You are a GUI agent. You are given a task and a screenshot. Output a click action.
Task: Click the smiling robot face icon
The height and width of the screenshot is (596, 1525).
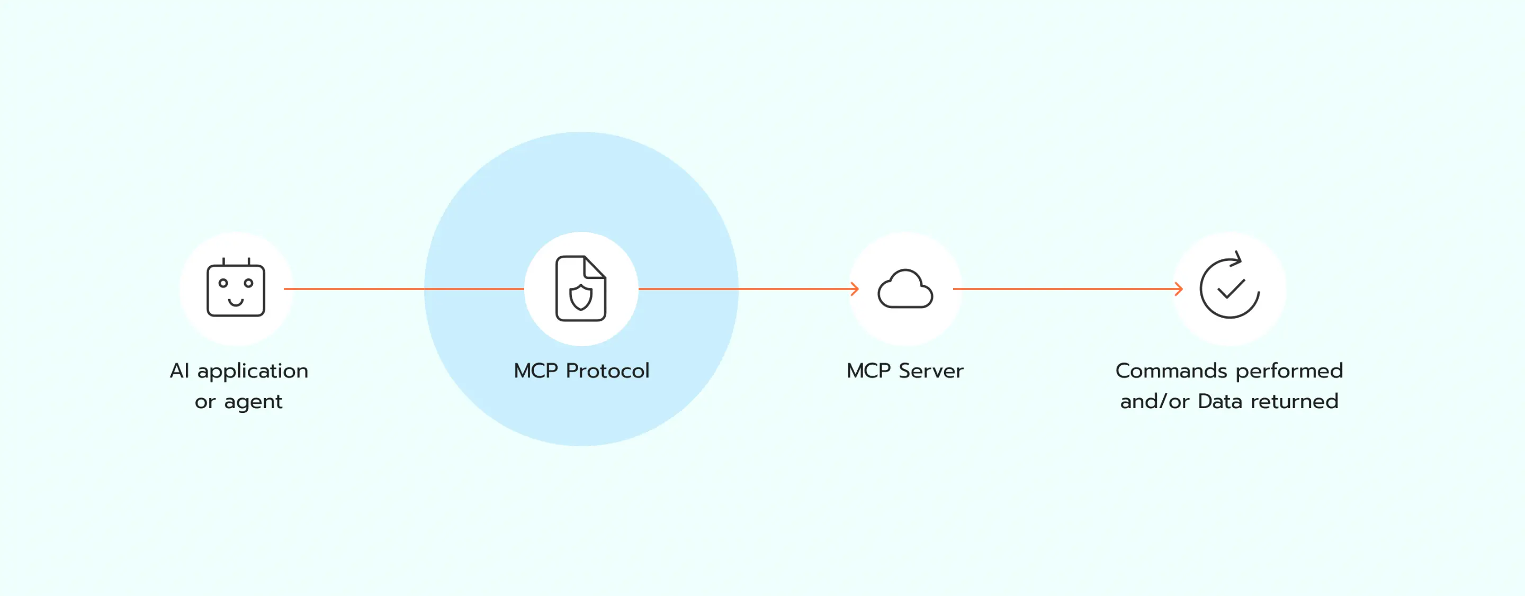click(x=236, y=289)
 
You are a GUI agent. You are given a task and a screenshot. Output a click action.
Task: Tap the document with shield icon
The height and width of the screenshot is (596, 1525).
click(x=581, y=289)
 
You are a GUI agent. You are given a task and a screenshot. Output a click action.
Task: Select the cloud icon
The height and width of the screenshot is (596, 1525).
click(x=905, y=290)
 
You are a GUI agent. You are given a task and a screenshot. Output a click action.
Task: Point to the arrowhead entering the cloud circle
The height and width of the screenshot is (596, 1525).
click(x=855, y=289)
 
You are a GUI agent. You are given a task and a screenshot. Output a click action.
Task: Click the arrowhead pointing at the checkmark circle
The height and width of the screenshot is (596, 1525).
click(x=1179, y=289)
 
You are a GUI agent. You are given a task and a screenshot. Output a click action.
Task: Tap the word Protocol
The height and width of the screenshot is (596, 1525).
click(x=607, y=371)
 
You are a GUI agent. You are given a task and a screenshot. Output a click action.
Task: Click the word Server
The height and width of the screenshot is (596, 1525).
click(x=931, y=371)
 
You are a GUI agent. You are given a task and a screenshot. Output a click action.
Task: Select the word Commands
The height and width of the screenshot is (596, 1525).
click(x=1171, y=371)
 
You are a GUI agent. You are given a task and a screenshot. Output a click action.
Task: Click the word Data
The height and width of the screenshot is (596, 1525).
click(x=1219, y=402)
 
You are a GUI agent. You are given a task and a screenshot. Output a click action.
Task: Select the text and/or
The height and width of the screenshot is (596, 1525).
click(x=1154, y=402)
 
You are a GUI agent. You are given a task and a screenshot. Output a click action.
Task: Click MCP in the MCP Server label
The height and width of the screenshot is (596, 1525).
click(x=868, y=371)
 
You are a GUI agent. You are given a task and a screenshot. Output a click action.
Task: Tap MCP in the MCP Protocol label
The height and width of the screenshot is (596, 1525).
click(x=536, y=371)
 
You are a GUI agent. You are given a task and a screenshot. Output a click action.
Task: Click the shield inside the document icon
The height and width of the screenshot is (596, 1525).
click(x=581, y=297)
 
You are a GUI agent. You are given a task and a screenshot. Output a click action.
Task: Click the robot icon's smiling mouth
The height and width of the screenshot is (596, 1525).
click(x=236, y=303)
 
